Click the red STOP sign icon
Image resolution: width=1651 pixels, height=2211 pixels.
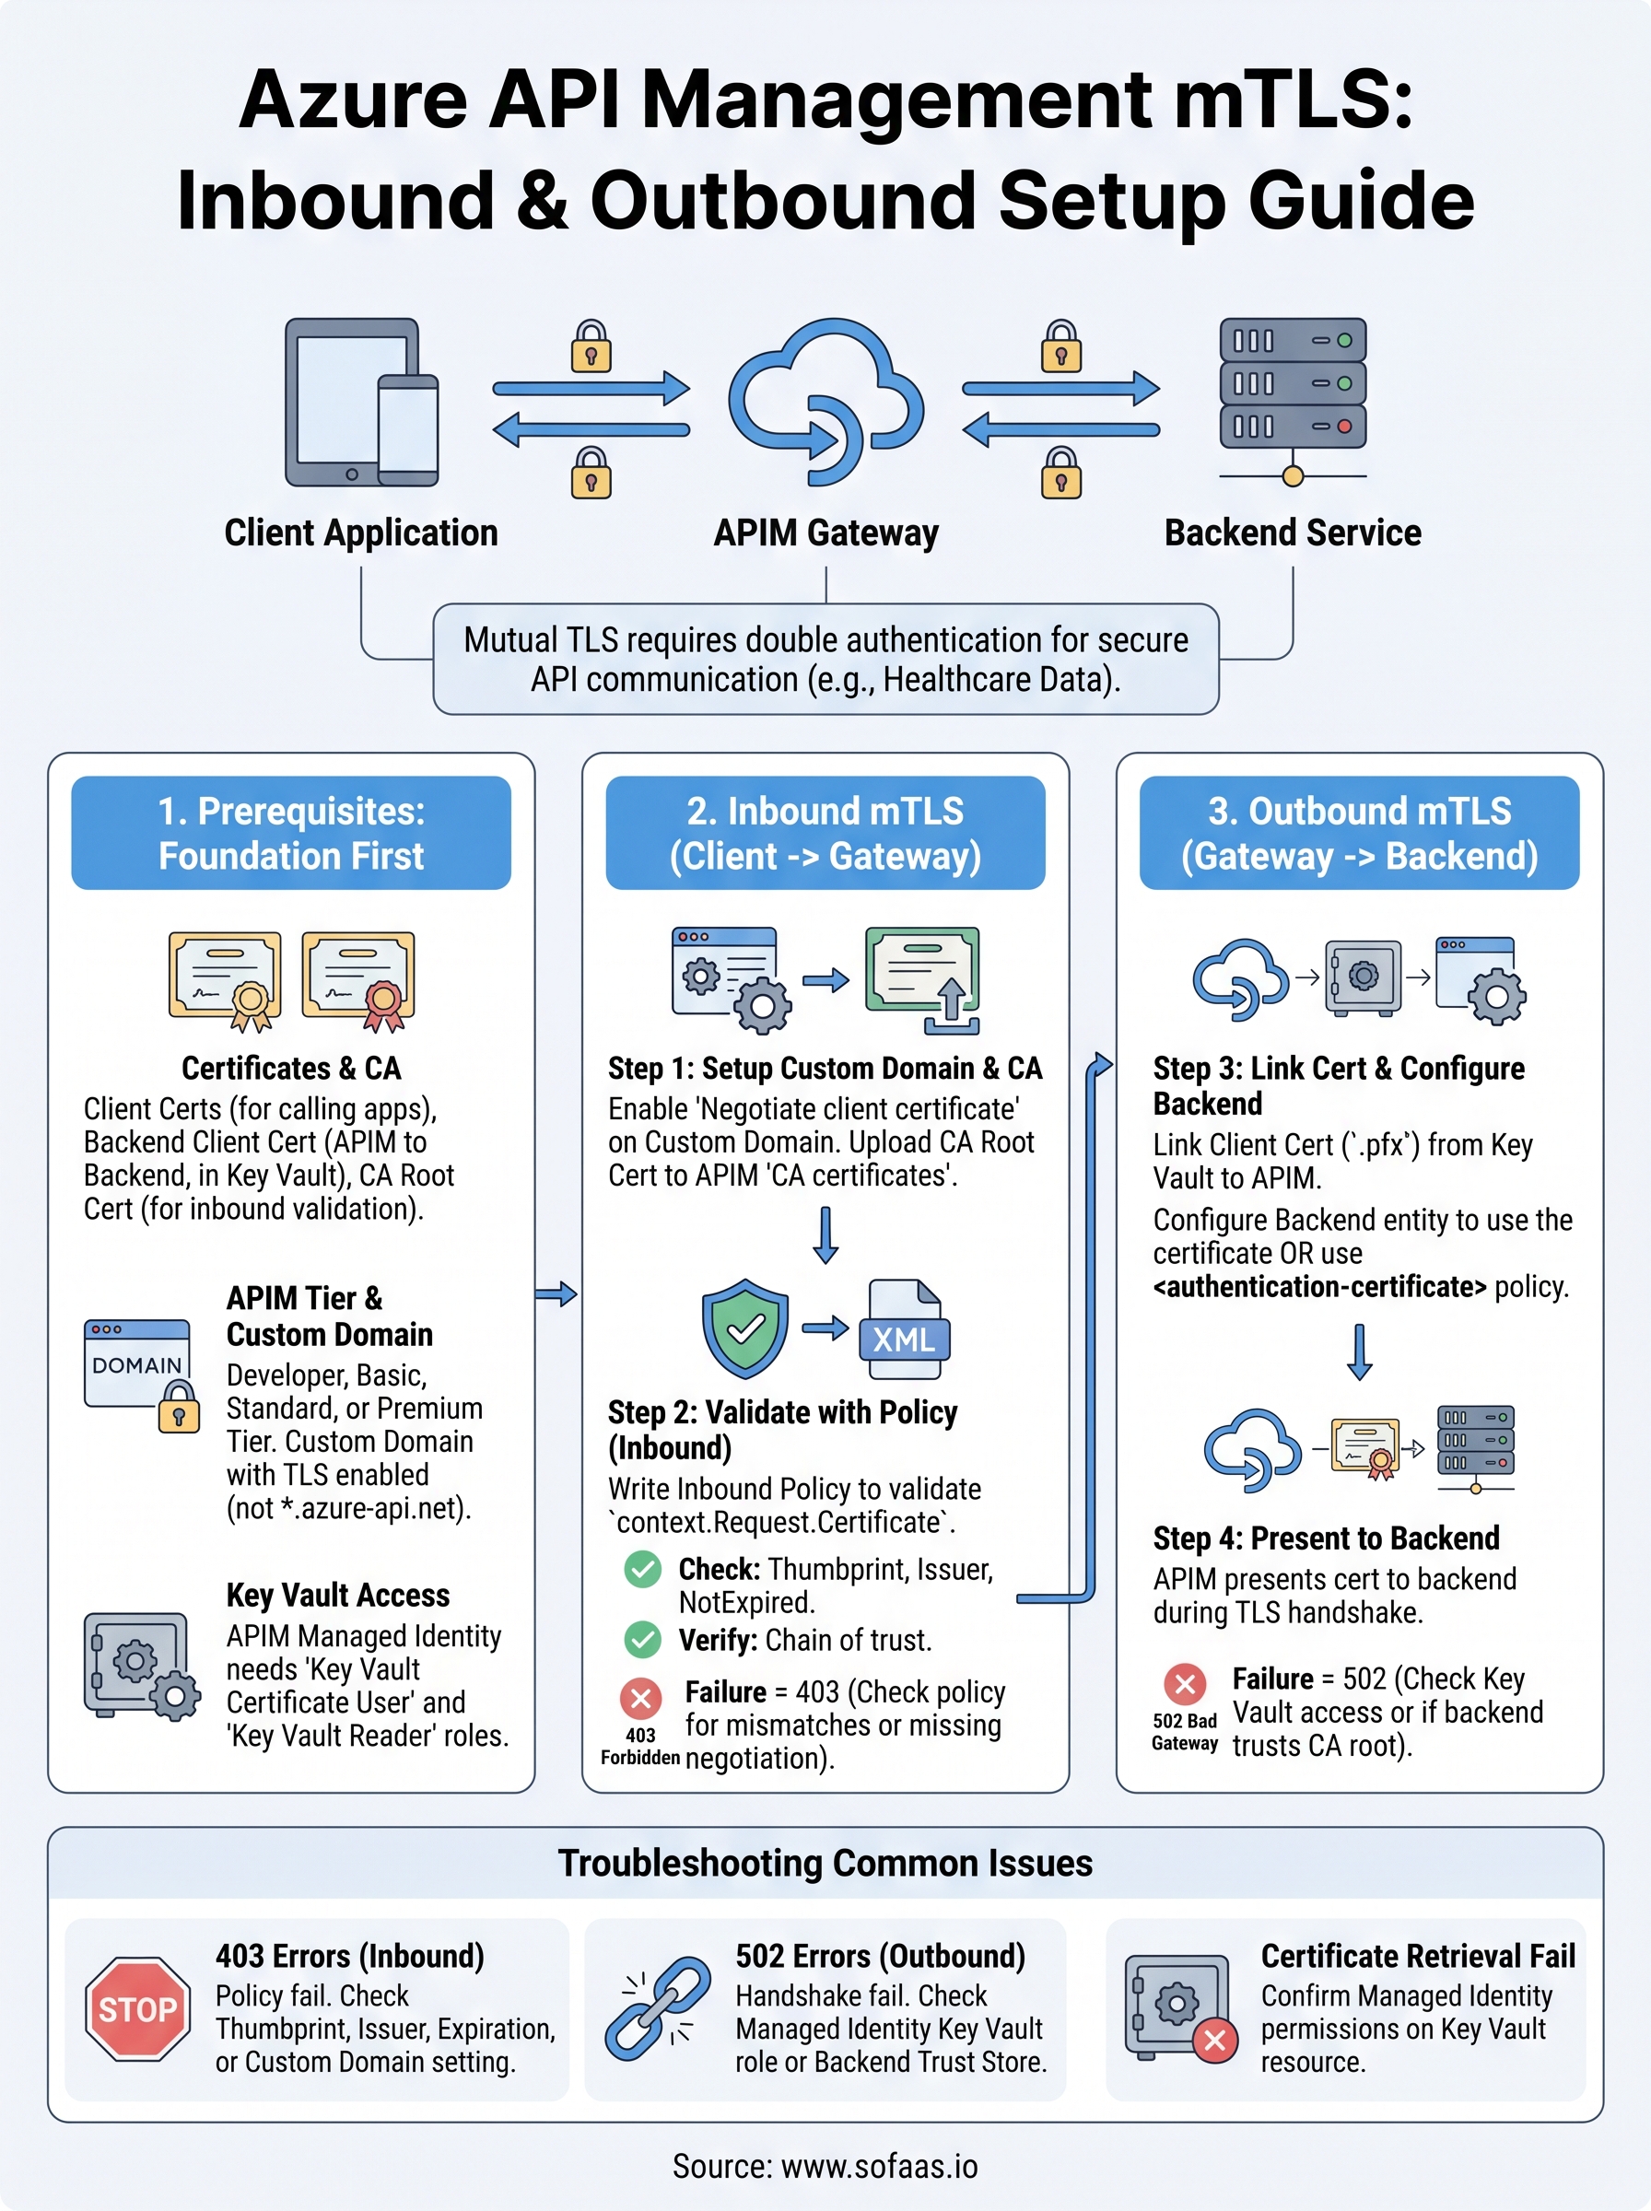138,2008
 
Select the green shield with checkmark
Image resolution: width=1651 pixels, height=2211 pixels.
744,1328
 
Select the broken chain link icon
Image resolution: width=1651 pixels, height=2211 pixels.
656,2008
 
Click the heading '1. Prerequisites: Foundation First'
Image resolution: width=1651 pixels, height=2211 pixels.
291,833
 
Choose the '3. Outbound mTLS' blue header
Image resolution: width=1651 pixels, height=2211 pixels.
1359,833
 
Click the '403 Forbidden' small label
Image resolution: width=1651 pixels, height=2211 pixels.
639,1747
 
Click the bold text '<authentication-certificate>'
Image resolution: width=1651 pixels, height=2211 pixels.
1319,1287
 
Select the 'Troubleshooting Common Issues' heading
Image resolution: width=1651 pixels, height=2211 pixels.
825,1864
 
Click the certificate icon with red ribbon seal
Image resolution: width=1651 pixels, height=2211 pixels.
358,979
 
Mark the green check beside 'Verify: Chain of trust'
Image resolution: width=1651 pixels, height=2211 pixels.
642,1640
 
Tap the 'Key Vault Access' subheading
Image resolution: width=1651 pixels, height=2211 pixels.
338,1596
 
